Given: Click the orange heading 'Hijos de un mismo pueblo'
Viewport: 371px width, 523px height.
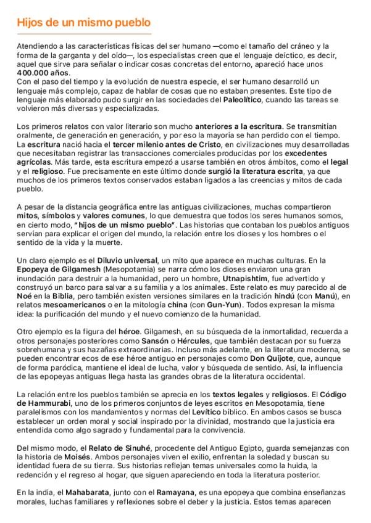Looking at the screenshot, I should click(x=84, y=23).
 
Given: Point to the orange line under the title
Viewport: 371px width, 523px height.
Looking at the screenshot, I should click(x=84, y=34).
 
